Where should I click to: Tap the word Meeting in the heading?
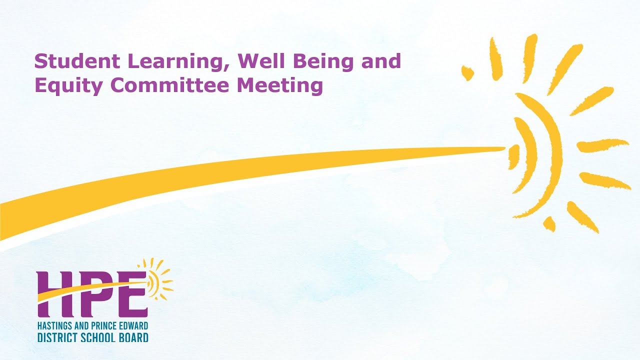pos(280,86)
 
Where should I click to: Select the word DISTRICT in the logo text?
pos(55,337)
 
